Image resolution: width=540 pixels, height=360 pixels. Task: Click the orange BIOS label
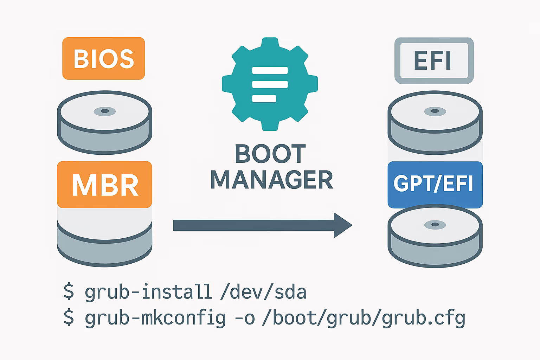pyautogui.click(x=103, y=58)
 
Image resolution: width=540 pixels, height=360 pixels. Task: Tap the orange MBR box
pyautogui.click(x=104, y=185)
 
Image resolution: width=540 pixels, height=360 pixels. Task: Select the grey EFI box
pyautogui.click(x=434, y=60)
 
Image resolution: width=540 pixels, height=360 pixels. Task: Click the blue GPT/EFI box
pyautogui.click(x=435, y=185)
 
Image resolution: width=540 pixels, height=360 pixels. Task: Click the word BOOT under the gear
pyautogui.click(x=270, y=154)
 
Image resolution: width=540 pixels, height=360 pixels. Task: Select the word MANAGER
pyautogui.click(x=271, y=180)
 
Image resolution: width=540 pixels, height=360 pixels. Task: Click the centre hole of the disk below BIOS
pyautogui.click(x=104, y=111)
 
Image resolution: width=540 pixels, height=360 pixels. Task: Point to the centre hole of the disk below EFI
pyautogui.click(x=435, y=111)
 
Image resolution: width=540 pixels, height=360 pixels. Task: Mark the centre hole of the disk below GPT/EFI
pyautogui.click(x=435, y=224)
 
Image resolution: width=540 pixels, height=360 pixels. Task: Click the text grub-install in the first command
pyautogui.click(x=148, y=292)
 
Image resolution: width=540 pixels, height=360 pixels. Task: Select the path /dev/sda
pyautogui.click(x=263, y=292)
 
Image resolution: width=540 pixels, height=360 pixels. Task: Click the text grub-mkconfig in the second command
pyautogui.click(x=155, y=318)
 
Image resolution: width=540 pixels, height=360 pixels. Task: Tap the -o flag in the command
pyautogui.click(x=244, y=318)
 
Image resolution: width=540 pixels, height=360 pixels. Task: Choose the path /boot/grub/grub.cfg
pyautogui.click(x=364, y=318)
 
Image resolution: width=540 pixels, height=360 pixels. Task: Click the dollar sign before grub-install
pyautogui.click(x=69, y=292)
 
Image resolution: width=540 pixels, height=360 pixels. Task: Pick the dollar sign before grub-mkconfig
pyautogui.click(x=69, y=318)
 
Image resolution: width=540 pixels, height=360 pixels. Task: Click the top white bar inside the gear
pyautogui.click(x=270, y=70)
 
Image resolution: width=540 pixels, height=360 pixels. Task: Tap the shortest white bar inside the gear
pyautogui.click(x=264, y=98)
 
